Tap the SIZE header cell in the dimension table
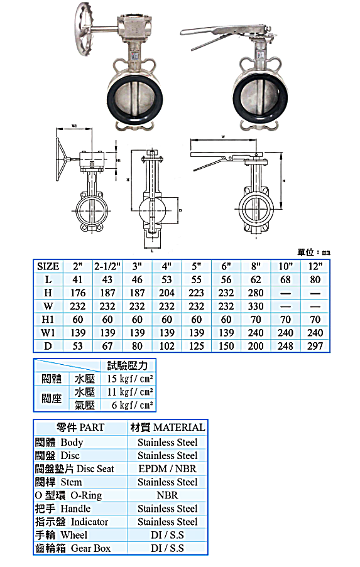(48, 266)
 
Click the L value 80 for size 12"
(315, 279)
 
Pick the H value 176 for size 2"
(78, 293)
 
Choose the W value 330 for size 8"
(256, 306)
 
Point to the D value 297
(315, 346)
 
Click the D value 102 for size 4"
(166, 346)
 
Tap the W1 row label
(48, 333)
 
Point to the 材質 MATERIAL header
(167, 428)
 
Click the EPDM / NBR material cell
(167, 468)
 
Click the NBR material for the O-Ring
(167, 495)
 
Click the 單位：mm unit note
(314, 252)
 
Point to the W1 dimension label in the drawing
(74, 126)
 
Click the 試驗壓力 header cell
(128, 365)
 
